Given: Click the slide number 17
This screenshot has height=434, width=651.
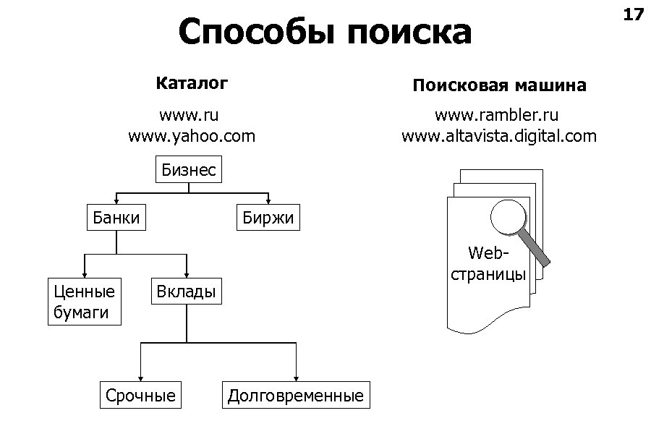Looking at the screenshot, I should click(632, 15).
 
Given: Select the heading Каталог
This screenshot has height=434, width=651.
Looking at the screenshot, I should click(192, 83).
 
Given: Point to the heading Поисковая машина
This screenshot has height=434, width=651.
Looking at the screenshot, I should click(499, 86).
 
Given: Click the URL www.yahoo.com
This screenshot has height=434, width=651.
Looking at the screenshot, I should click(192, 135).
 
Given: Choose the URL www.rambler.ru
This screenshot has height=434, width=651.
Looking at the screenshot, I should click(496, 116).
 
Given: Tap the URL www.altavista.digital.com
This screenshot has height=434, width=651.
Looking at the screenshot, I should click(499, 135).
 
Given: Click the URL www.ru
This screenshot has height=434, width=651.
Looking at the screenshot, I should click(189, 116).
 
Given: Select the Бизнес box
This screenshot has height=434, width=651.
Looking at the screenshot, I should click(189, 171).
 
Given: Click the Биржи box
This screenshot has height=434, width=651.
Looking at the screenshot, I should click(269, 218).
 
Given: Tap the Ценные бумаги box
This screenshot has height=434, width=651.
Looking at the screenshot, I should click(85, 302).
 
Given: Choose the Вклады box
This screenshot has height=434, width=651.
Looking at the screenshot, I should click(186, 292).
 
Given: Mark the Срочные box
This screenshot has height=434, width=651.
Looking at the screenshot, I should click(140, 396).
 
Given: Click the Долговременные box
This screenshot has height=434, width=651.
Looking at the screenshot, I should click(295, 396).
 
